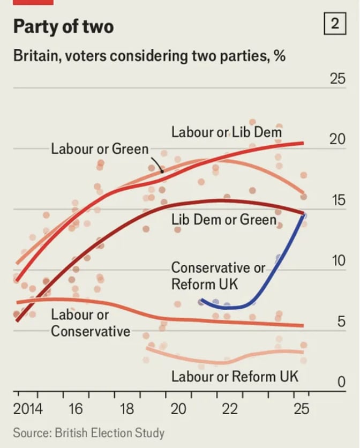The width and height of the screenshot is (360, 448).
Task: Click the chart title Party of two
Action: point(63,27)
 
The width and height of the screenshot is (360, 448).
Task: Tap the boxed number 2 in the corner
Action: point(335,25)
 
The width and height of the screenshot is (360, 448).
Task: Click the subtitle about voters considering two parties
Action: point(149,56)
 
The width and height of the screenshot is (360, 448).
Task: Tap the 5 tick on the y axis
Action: point(341,322)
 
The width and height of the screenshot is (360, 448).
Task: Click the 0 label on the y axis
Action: point(341,383)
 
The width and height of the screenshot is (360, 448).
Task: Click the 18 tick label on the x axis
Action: point(127,410)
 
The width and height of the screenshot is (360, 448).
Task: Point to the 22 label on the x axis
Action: point(230,410)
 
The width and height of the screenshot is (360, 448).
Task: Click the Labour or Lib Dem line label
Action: point(227,132)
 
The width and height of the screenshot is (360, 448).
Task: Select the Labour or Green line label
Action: point(100,148)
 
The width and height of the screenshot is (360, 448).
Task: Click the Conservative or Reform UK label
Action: point(218,275)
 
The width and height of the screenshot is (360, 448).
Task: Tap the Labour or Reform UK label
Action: point(235,377)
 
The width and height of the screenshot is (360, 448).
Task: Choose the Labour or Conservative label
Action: point(90,323)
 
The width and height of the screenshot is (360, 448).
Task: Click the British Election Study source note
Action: point(88,432)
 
